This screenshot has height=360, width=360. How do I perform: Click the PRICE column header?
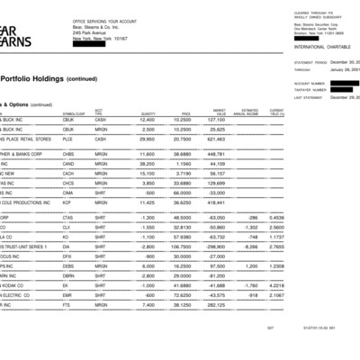tap(186, 113)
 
